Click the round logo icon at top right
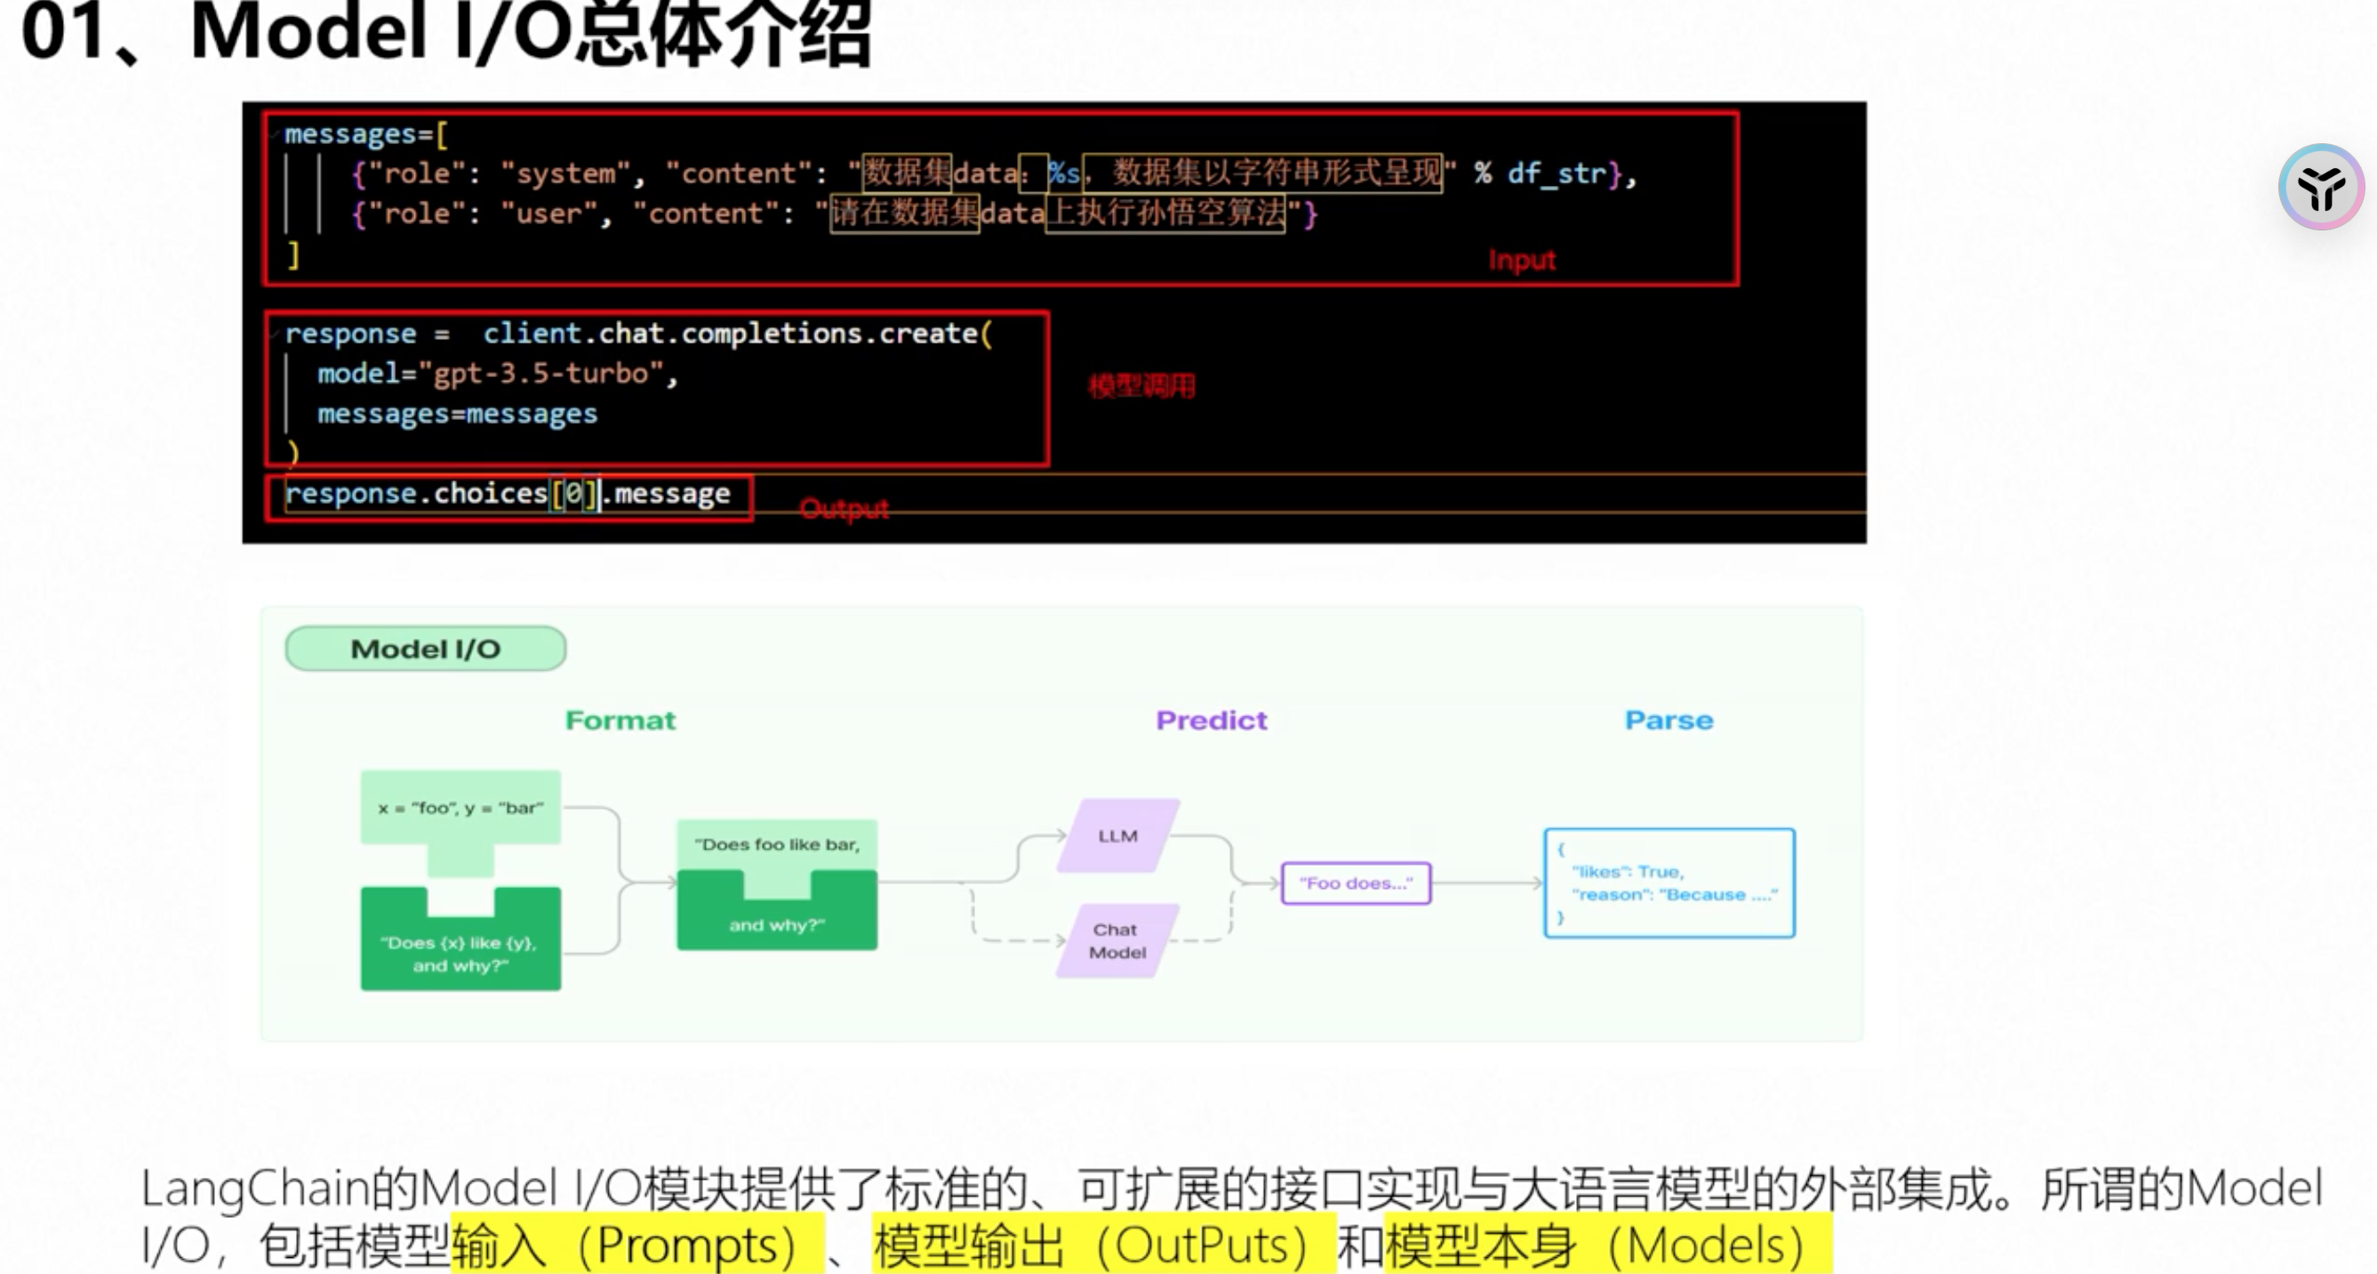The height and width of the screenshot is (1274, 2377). tap(2320, 188)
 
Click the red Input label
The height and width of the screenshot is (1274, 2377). tap(1521, 261)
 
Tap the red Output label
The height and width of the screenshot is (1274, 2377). tap(844, 509)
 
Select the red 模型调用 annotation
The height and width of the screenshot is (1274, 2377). tap(1140, 386)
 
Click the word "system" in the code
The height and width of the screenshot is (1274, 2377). tap(564, 173)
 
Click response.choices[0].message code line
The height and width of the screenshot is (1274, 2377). tap(508, 494)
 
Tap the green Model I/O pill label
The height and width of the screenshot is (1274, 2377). tap(426, 649)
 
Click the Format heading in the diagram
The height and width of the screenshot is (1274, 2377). tap(620, 720)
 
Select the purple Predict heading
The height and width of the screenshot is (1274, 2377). tap(1211, 720)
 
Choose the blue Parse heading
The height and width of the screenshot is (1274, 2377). tap(1669, 720)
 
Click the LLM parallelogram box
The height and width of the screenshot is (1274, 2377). tap(1117, 835)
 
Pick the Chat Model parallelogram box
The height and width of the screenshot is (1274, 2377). tap(1116, 940)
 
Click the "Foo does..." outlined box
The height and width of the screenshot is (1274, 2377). tap(1356, 883)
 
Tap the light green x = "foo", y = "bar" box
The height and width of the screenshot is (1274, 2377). tap(460, 809)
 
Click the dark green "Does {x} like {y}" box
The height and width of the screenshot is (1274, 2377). tap(460, 951)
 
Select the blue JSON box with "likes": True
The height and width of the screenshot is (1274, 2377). tap(1669, 883)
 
